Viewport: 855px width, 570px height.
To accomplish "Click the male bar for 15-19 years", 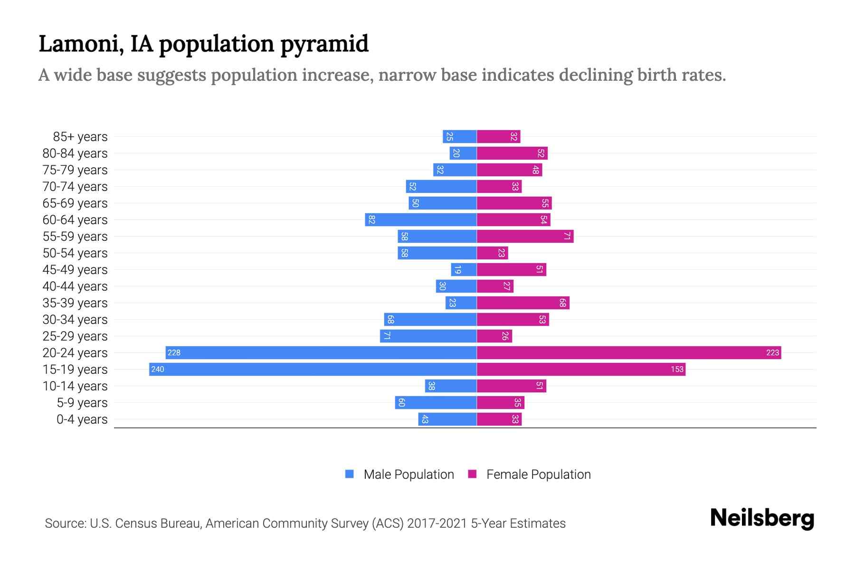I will pos(313,370).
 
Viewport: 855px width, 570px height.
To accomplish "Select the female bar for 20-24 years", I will pos(628,353).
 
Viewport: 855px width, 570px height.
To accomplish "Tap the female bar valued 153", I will pos(580,370).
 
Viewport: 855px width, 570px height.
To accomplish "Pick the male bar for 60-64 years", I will pos(420,220).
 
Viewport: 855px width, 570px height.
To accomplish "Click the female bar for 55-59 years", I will pos(525,237).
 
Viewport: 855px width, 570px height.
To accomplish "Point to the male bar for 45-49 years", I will pos(464,270).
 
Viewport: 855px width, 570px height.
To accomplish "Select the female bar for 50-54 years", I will pos(492,253).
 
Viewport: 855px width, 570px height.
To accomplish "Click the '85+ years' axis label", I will pos(80,137).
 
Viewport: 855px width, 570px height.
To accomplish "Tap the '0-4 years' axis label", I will pos(82,419).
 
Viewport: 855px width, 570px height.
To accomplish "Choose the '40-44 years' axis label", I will pos(75,286).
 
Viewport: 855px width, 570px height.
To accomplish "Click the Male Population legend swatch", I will pos(350,474).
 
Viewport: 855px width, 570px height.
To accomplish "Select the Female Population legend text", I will pos(538,475).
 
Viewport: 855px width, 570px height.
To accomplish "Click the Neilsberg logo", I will pos(762,518).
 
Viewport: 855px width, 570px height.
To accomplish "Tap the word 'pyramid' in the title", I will pos(324,44).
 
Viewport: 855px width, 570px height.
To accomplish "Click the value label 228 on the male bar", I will pos(174,353).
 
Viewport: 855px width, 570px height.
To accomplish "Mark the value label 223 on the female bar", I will pos(772,353).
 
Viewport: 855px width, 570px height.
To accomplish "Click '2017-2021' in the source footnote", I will pos(437,523).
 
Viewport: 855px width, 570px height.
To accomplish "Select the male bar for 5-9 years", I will pos(436,403).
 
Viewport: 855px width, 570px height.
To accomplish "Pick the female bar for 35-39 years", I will pos(523,303).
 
